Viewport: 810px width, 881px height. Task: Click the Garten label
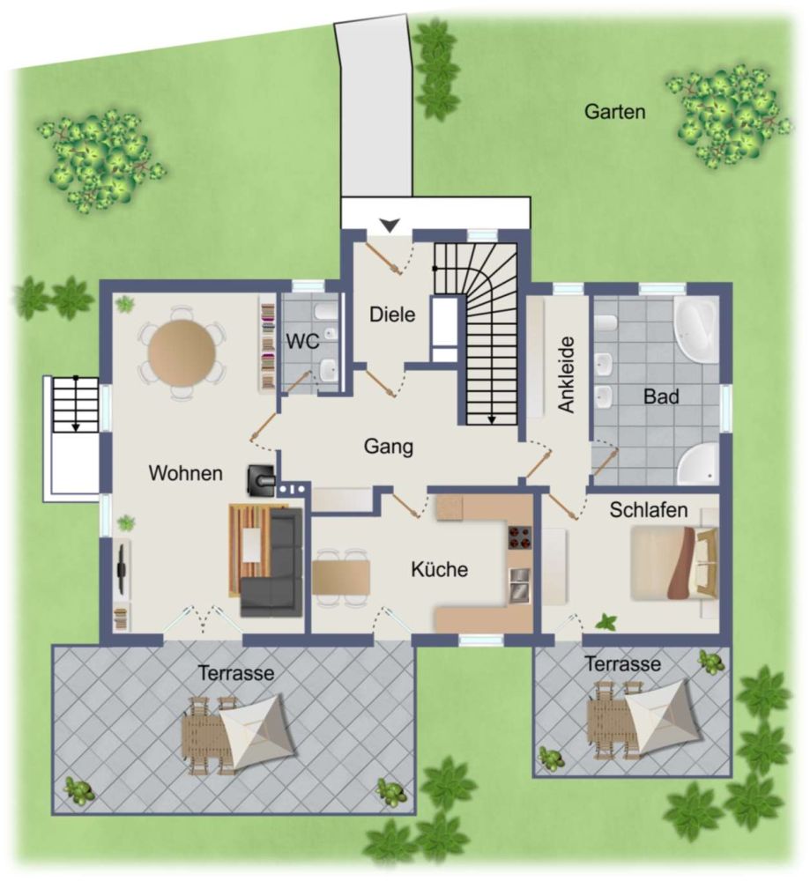point(614,112)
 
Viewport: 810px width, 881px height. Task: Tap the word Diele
point(392,314)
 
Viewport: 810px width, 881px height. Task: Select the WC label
point(301,341)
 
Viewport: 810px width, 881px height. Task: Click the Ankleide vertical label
point(567,374)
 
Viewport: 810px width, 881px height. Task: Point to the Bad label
point(661,397)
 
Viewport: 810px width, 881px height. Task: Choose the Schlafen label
point(648,510)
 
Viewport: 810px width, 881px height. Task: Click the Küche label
point(439,570)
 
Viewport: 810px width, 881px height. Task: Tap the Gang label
point(389,447)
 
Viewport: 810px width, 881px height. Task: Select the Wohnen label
point(185,473)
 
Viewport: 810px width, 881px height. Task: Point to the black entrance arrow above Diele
point(389,226)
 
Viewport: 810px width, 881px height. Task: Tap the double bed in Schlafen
point(673,562)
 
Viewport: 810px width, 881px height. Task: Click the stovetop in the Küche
point(518,537)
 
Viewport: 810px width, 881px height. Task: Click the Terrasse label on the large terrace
point(235,673)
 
